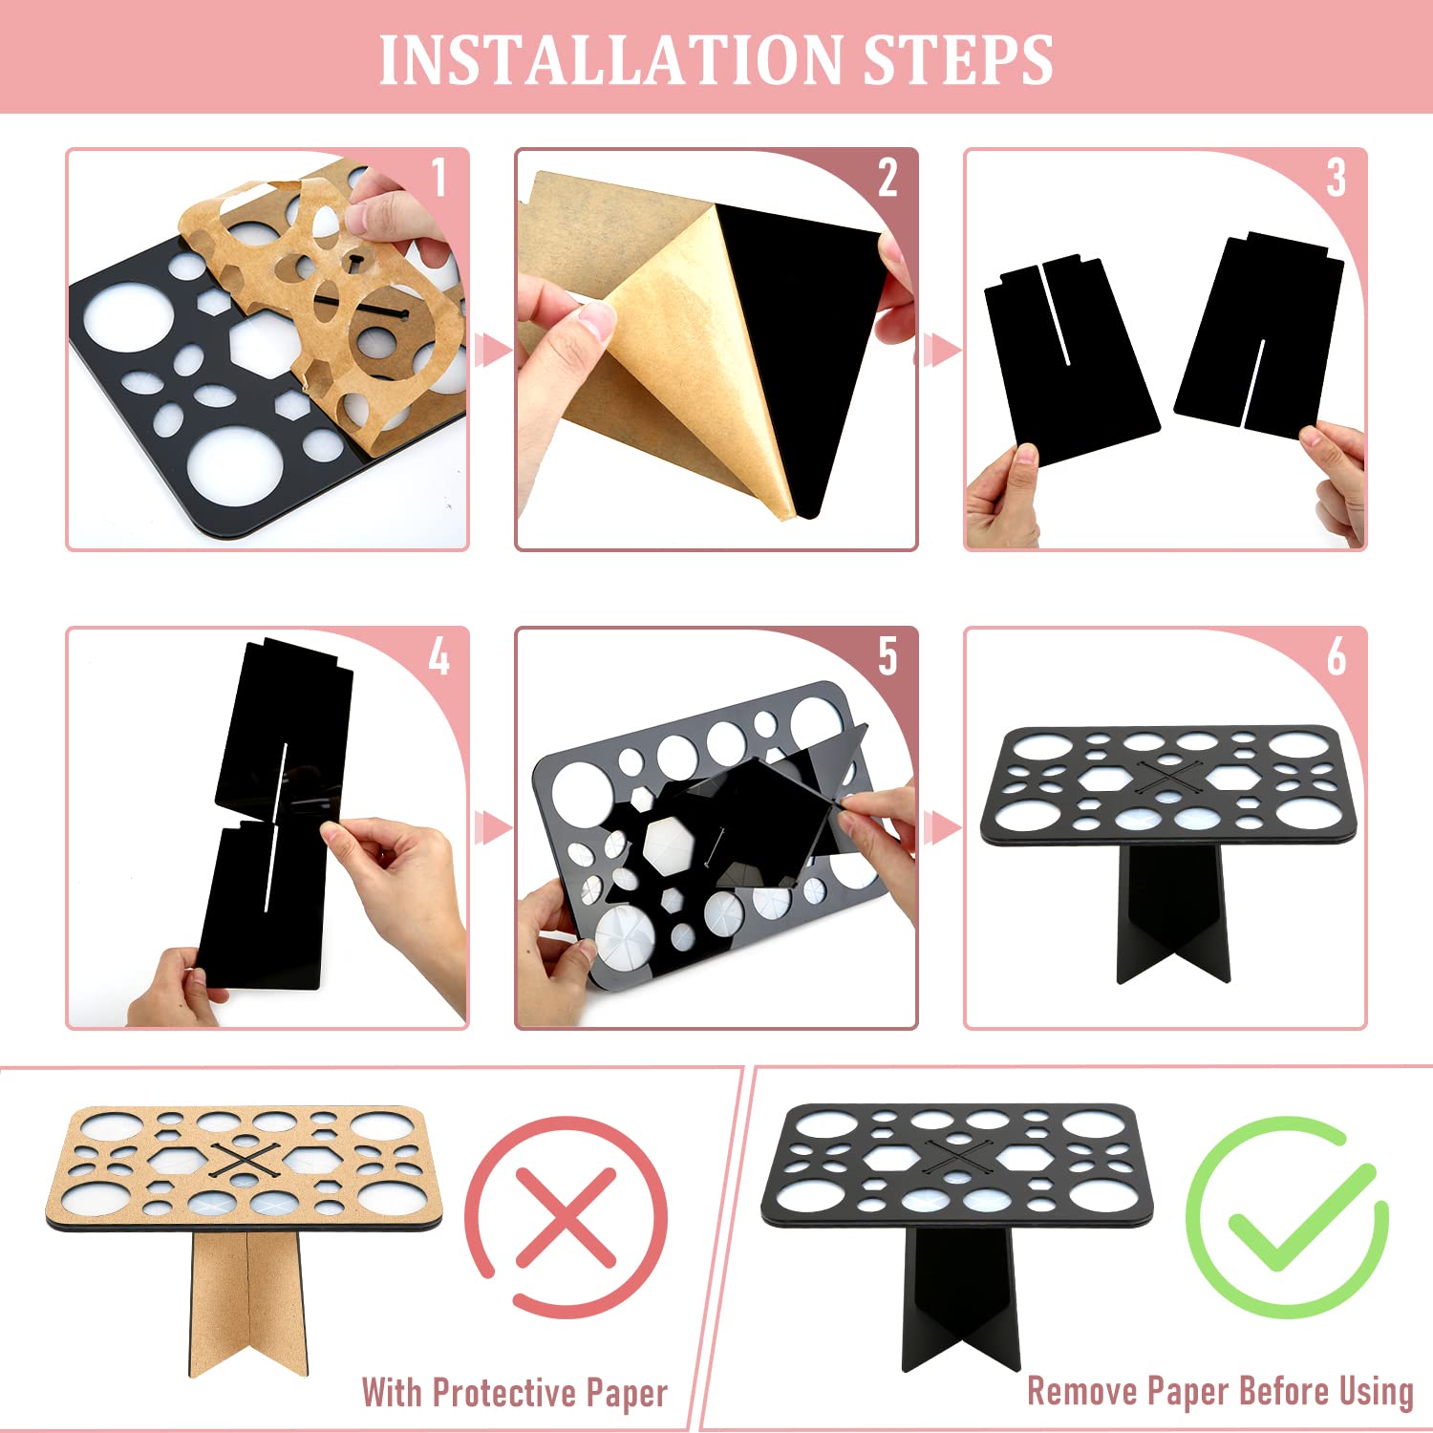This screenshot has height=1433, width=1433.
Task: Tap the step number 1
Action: click(438, 179)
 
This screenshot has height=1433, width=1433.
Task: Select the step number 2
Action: click(888, 179)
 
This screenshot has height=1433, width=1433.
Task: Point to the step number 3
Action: click(1336, 179)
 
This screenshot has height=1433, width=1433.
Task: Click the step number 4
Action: click(438, 657)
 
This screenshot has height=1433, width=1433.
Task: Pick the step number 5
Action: click(888, 657)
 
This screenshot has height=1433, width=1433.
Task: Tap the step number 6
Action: click(1336, 657)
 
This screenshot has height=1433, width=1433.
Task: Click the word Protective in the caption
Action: click(505, 1393)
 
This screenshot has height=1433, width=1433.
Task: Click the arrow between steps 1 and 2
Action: click(492, 351)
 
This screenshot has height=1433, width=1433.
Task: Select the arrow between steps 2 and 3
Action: click(941, 351)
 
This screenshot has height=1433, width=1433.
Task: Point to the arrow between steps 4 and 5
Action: click(492, 827)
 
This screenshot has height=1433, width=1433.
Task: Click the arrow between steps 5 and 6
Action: click(941, 827)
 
